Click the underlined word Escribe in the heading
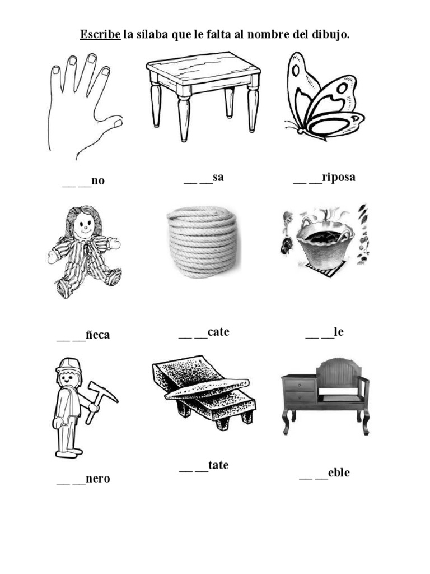[x=100, y=35]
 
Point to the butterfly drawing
[x=322, y=98]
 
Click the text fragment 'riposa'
[x=339, y=178]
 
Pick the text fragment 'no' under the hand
[x=98, y=181]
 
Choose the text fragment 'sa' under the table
[x=218, y=178]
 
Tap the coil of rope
[x=202, y=240]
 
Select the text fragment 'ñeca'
[x=97, y=335]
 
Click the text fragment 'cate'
[x=218, y=332]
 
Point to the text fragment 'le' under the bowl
[x=338, y=332]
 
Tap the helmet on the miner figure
[x=68, y=364]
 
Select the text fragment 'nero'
[x=98, y=479]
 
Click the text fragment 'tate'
[x=218, y=465]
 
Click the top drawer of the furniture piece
[x=300, y=385]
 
